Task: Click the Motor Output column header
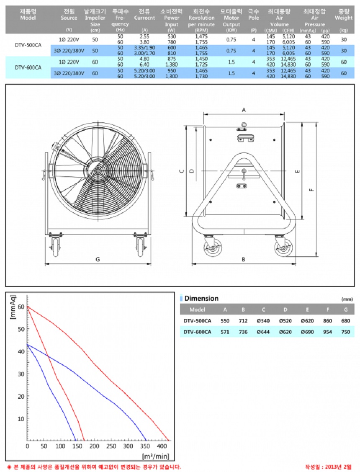pyautogui.click(x=231, y=18)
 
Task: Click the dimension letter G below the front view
pyautogui.click(x=98, y=259)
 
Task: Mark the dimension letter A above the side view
pyautogui.click(x=244, y=109)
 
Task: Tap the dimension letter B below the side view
pyautogui.click(x=244, y=259)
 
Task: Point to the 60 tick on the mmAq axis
pyautogui.click(x=22, y=306)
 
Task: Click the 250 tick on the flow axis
pyautogui.click(x=111, y=446)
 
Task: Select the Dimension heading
pyautogui.click(x=201, y=299)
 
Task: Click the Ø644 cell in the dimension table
pyautogui.click(x=263, y=332)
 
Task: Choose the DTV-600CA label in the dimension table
pyautogui.click(x=197, y=332)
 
